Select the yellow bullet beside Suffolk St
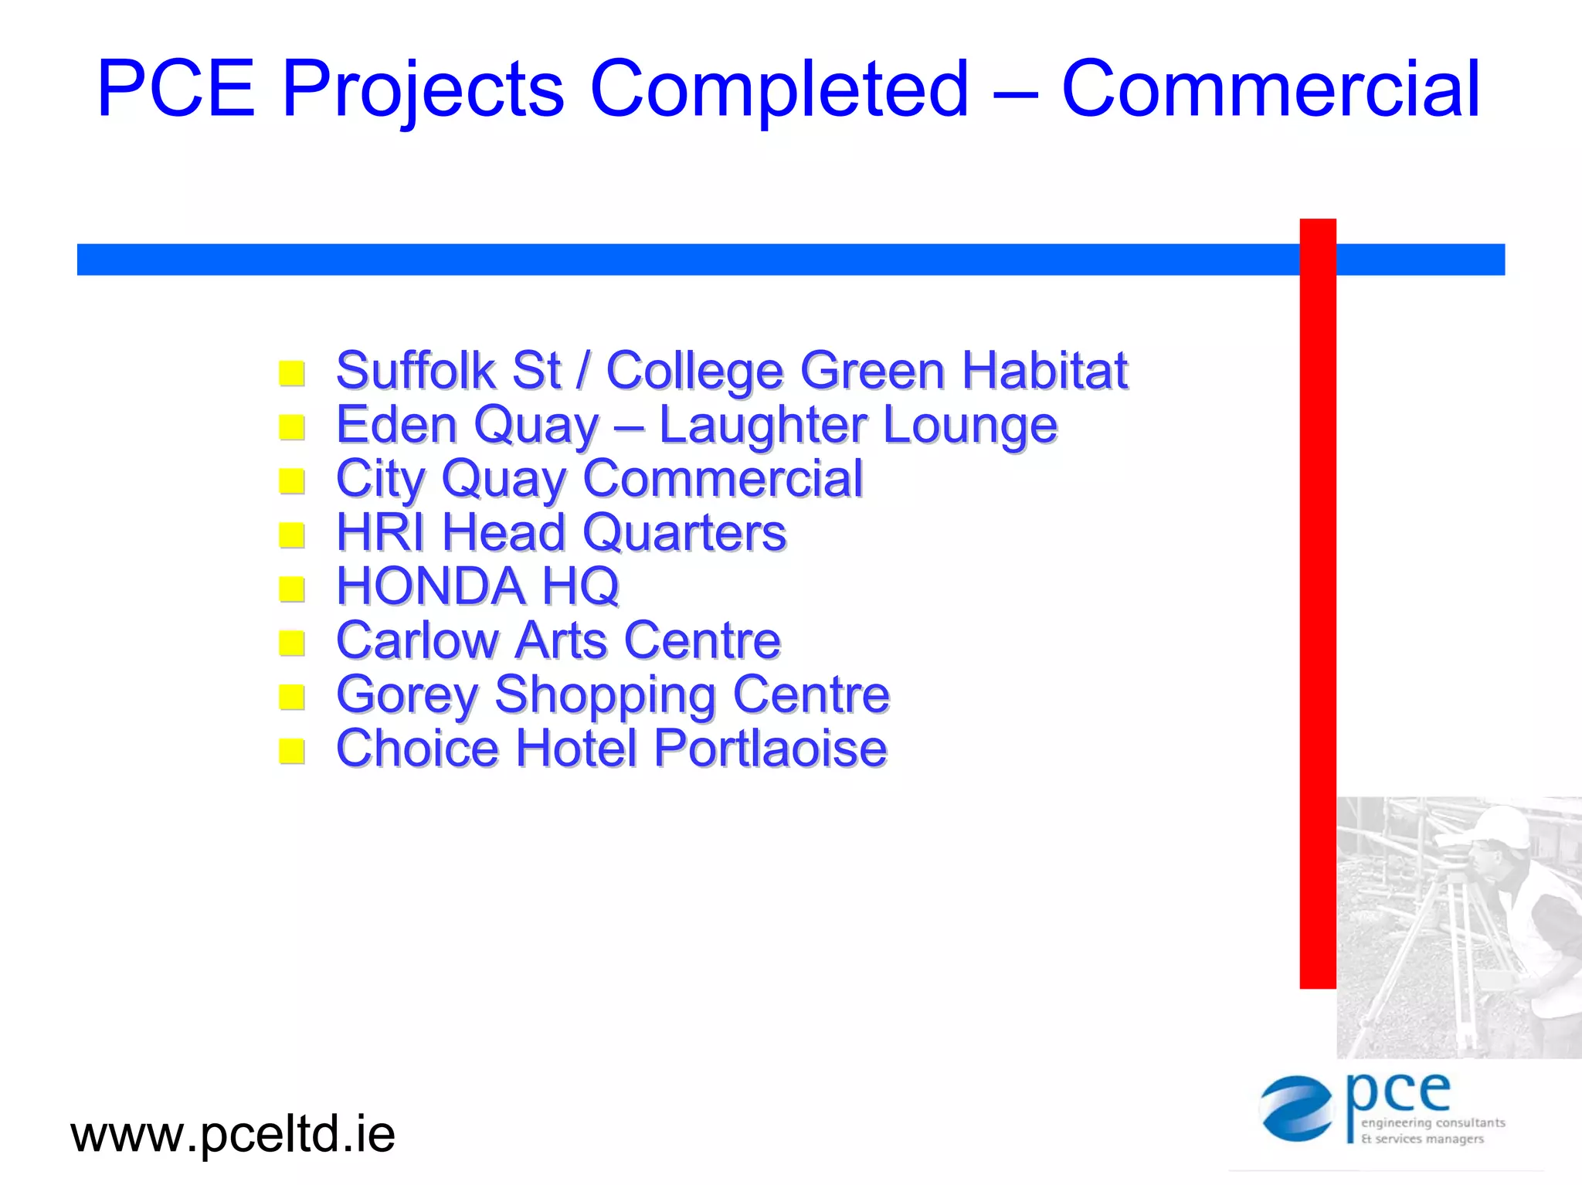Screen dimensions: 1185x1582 [x=292, y=373]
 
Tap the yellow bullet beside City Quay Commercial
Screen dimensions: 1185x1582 [x=292, y=480]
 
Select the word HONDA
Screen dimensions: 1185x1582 [x=430, y=586]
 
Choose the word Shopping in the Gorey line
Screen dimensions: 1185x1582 [x=605, y=695]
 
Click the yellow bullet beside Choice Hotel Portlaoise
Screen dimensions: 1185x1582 [x=292, y=750]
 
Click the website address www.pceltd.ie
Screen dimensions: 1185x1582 [x=233, y=1135]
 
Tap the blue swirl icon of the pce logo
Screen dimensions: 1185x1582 [x=1297, y=1109]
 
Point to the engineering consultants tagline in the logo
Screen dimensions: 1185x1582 [x=1432, y=1123]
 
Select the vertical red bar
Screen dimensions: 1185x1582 [x=1318, y=603]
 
